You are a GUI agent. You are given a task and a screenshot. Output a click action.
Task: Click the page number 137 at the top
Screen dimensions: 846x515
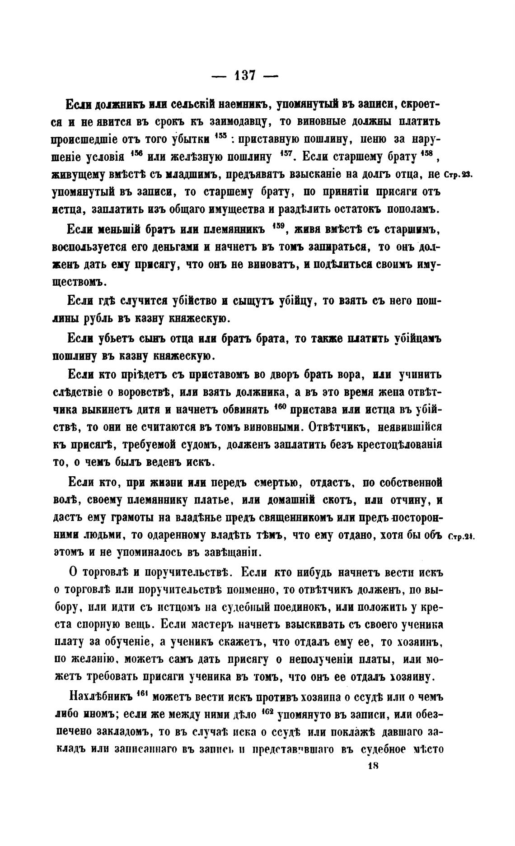pyautogui.click(x=245, y=75)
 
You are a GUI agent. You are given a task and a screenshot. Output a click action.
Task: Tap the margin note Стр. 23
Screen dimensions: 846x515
pyautogui.click(x=459, y=175)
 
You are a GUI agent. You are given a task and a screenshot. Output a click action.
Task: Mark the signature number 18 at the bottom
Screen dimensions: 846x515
pyautogui.click(x=373, y=766)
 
